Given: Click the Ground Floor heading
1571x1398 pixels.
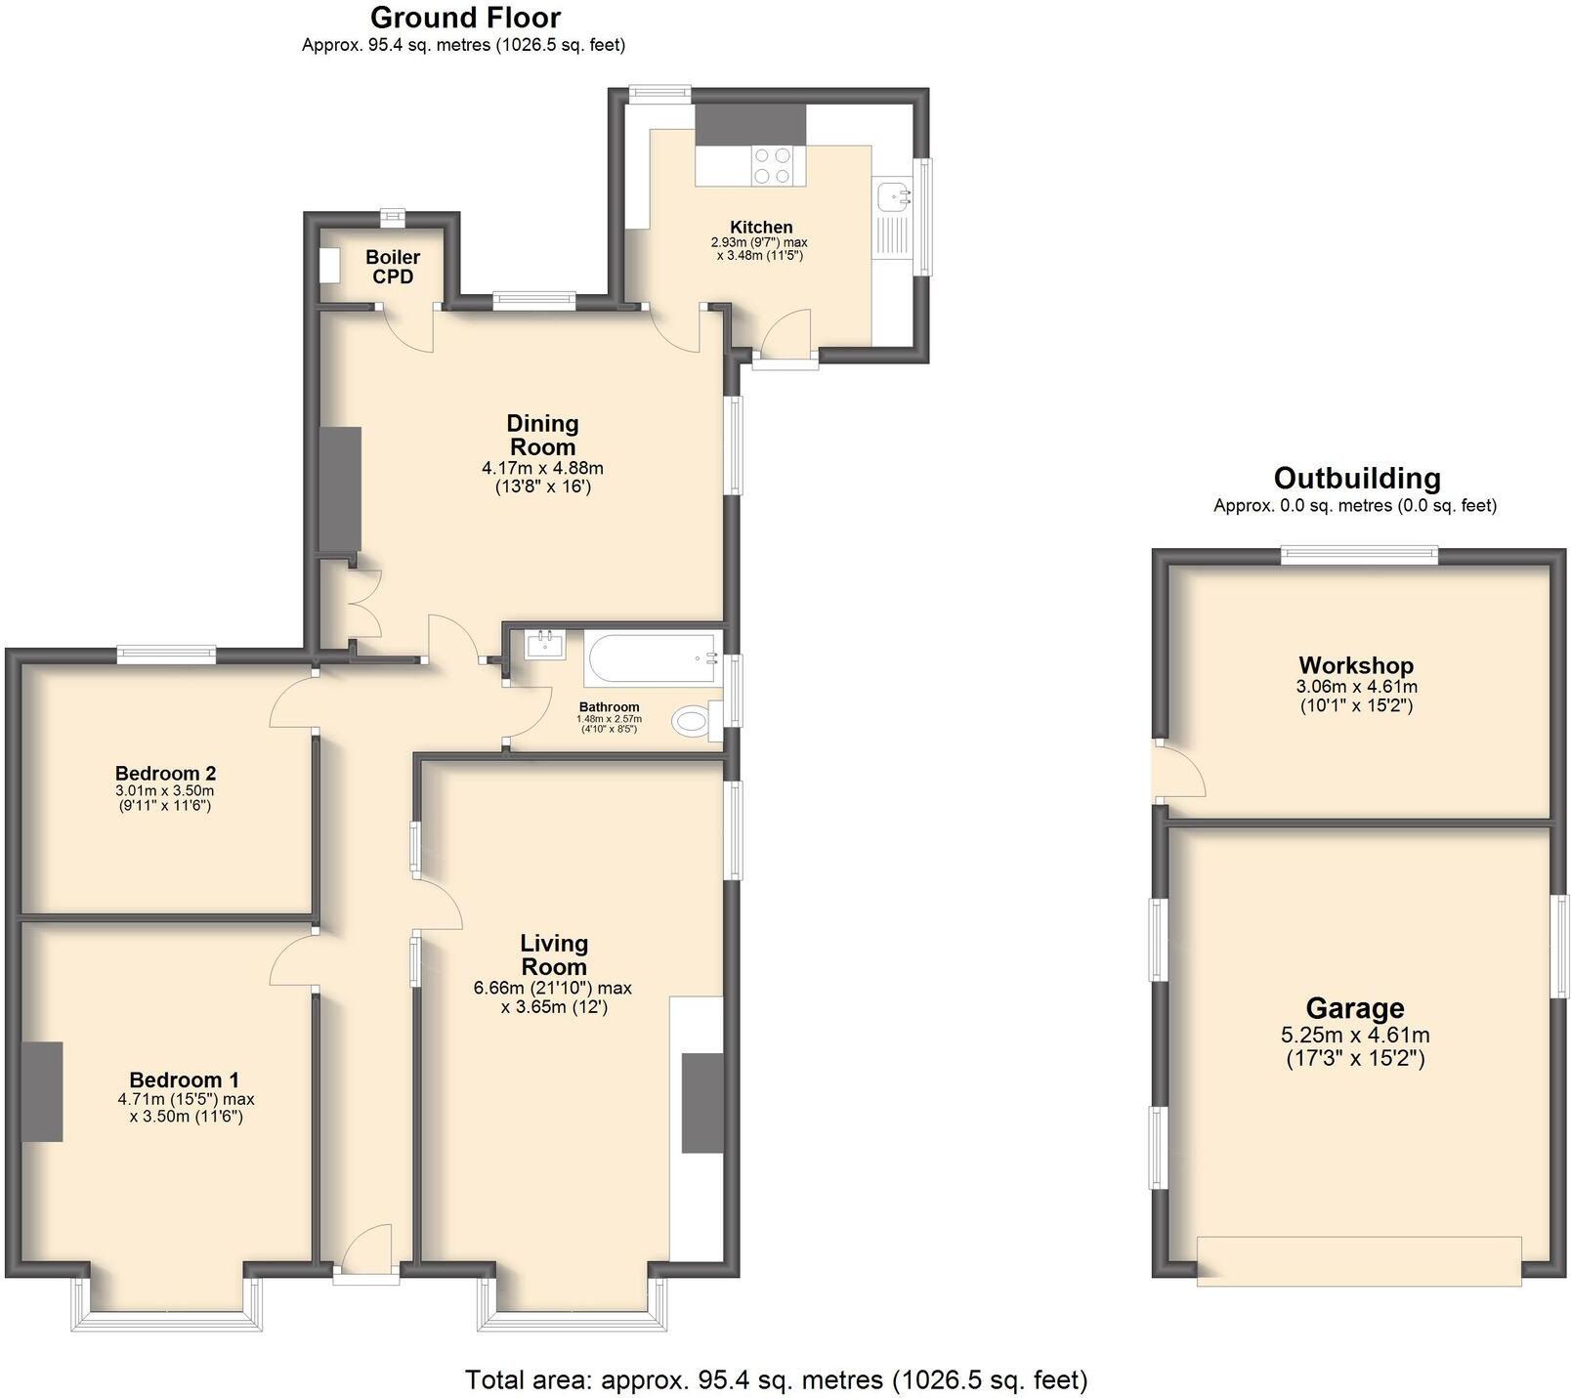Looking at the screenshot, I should click(x=465, y=18).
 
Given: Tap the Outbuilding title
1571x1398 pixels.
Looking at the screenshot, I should click(x=1356, y=478).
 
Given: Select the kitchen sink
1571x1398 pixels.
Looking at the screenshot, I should click(x=893, y=196).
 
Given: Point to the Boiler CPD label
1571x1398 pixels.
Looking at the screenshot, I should click(x=393, y=267).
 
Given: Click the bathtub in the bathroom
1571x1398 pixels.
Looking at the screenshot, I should click(x=651, y=658).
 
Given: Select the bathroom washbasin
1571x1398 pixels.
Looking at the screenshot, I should click(x=544, y=645).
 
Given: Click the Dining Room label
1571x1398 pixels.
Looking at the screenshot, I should click(x=542, y=435).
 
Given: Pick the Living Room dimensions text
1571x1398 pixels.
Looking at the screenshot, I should click(x=554, y=997).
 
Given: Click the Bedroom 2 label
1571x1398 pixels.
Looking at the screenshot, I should click(x=165, y=772).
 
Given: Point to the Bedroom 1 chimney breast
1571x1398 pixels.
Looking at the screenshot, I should click(x=42, y=1091).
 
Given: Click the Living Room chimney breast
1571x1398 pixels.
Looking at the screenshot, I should click(x=701, y=1103).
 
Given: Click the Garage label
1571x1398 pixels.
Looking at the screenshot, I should click(x=1354, y=1008).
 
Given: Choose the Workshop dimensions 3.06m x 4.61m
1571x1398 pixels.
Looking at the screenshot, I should click(x=1355, y=696).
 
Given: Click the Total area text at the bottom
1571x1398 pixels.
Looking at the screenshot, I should click(x=776, y=1380).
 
